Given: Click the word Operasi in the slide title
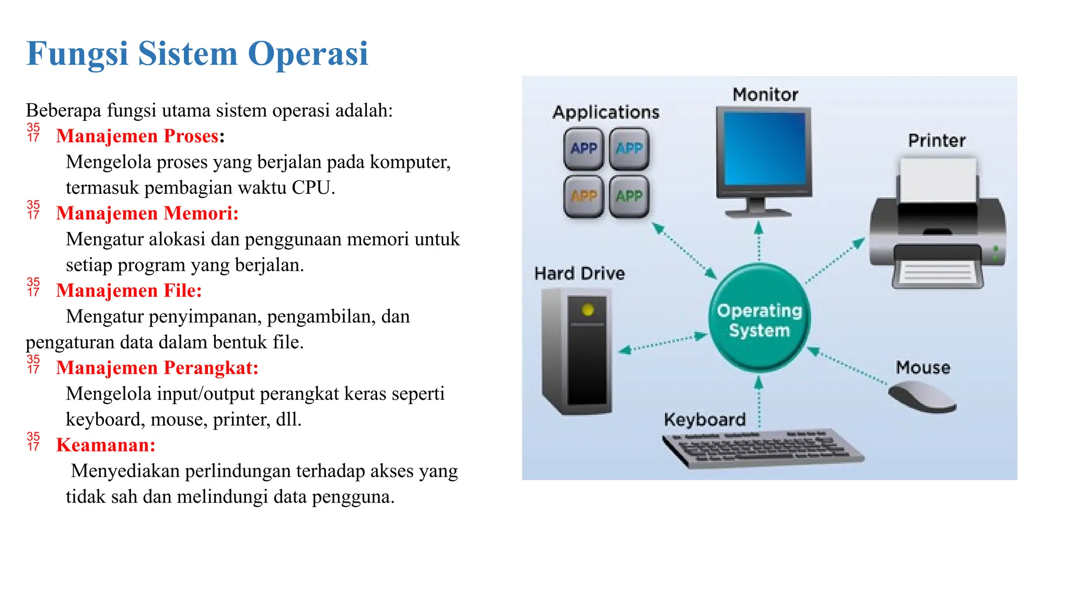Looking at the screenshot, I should (x=308, y=54).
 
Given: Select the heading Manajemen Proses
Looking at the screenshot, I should (x=137, y=136).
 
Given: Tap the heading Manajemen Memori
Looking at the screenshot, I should (x=147, y=213).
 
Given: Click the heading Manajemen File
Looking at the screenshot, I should (x=129, y=291).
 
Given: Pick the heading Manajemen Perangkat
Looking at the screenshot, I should (x=157, y=368).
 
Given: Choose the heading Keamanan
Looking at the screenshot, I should (x=106, y=445).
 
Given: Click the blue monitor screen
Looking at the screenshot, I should (x=764, y=149).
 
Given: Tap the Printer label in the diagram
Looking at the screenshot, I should (x=936, y=141).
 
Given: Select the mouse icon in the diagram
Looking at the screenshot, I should (x=922, y=398).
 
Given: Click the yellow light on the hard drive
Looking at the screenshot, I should (x=588, y=310).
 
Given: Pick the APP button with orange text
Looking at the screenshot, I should (x=584, y=196).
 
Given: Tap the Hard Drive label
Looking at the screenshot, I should (x=579, y=273).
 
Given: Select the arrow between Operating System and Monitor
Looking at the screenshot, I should (x=759, y=241).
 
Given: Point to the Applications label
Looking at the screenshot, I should (x=606, y=112).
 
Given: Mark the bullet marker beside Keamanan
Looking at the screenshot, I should (x=33, y=441).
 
